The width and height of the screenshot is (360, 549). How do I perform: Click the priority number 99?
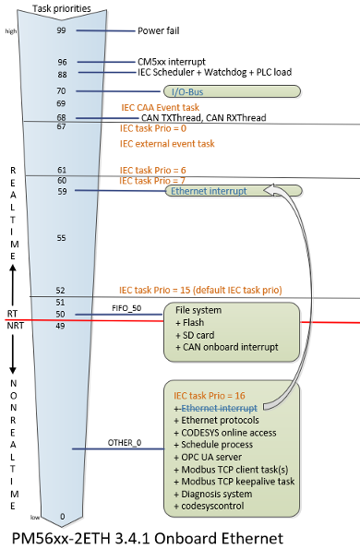[x=62, y=30]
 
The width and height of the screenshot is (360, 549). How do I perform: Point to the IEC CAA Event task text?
[x=163, y=107]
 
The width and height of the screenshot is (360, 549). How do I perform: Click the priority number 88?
[x=62, y=74]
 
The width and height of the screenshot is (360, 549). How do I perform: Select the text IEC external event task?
[x=167, y=144]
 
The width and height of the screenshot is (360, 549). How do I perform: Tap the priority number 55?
[x=62, y=238]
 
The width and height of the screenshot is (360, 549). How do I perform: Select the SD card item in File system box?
[x=194, y=335]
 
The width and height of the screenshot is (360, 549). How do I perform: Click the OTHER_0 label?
[x=125, y=444]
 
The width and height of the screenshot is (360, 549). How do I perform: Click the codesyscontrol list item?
[x=209, y=507]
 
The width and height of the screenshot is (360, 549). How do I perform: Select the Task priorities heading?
[x=62, y=8]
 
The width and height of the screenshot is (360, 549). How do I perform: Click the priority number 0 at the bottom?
[x=62, y=516]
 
